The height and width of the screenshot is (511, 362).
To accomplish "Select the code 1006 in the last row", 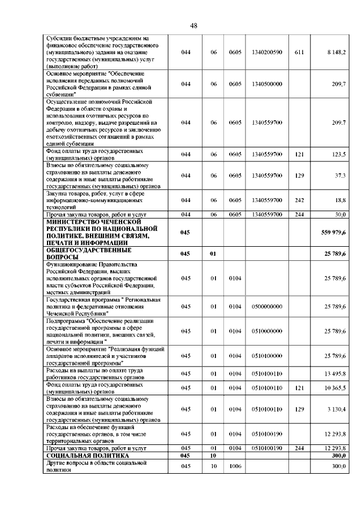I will (x=235, y=467).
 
